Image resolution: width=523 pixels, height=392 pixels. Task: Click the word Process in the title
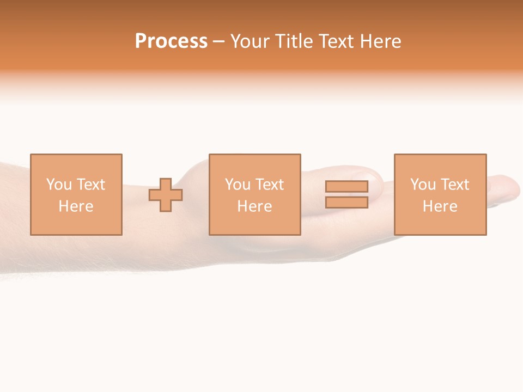[x=171, y=41]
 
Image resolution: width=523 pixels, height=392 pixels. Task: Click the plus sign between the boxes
[x=166, y=195]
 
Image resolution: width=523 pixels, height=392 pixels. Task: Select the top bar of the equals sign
[x=346, y=186]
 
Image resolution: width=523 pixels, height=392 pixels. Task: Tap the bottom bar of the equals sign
[x=346, y=203]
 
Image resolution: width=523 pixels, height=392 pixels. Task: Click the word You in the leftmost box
[x=59, y=185]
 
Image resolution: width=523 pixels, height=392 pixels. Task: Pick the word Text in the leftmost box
[x=92, y=185]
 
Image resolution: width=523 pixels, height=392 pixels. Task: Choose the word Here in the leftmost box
[x=76, y=206]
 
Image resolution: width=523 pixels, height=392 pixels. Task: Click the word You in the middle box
[x=238, y=185]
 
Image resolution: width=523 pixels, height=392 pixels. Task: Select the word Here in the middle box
[x=254, y=206]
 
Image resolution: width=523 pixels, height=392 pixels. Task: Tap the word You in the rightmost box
[x=423, y=185]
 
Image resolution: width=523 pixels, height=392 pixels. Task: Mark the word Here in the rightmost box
[x=440, y=206]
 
